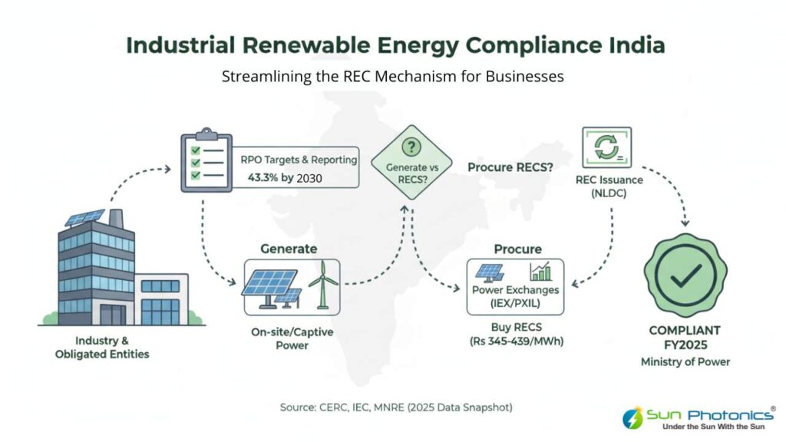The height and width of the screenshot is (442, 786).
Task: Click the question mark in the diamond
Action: pyautogui.click(x=412, y=147)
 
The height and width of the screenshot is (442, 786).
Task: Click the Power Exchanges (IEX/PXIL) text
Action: pyautogui.click(x=516, y=297)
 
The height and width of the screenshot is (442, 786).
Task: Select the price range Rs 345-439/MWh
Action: pyautogui.click(x=516, y=341)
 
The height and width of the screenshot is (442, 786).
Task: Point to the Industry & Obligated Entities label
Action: pyautogui.click(x=102, y=347)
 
